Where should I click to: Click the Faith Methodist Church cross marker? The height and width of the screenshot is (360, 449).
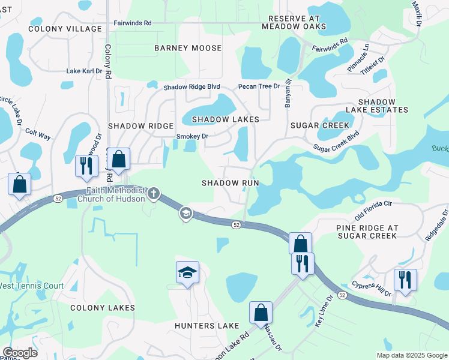coord(154,193)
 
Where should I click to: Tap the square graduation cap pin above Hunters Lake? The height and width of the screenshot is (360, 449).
coord(187,272)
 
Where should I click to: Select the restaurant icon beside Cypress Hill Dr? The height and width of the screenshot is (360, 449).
coord(405,280)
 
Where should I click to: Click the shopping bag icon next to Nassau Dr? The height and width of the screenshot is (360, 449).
coord(261,312)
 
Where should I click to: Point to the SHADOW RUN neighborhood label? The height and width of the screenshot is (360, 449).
coord(230,182)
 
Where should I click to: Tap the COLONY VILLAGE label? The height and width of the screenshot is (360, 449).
coord(65,29)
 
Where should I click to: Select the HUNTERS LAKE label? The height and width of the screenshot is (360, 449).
coord(206,326)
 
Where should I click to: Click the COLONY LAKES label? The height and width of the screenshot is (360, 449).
coord(102,308)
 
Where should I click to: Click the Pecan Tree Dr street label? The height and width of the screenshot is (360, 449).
coord(259,86)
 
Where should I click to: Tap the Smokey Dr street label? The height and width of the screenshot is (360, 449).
coord(192,136)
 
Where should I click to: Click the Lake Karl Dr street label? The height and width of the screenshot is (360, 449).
coord(84,71)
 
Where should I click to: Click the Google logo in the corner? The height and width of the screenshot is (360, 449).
coord(20,353)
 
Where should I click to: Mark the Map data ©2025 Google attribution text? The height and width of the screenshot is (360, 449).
coord(411,355)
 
